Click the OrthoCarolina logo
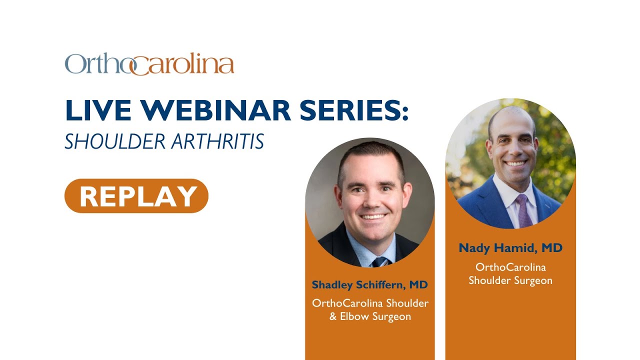click(149, 64)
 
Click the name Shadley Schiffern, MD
click(369, 285)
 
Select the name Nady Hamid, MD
click(510, 248)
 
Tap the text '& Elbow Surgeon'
click(370, 316)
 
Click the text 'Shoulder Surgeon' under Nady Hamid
click(510, 280)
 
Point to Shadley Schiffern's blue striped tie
click(379, 261)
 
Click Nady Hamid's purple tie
click(523, 210)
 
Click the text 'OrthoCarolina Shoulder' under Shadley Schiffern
click(370, 303)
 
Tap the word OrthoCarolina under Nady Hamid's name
click(510, 267)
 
